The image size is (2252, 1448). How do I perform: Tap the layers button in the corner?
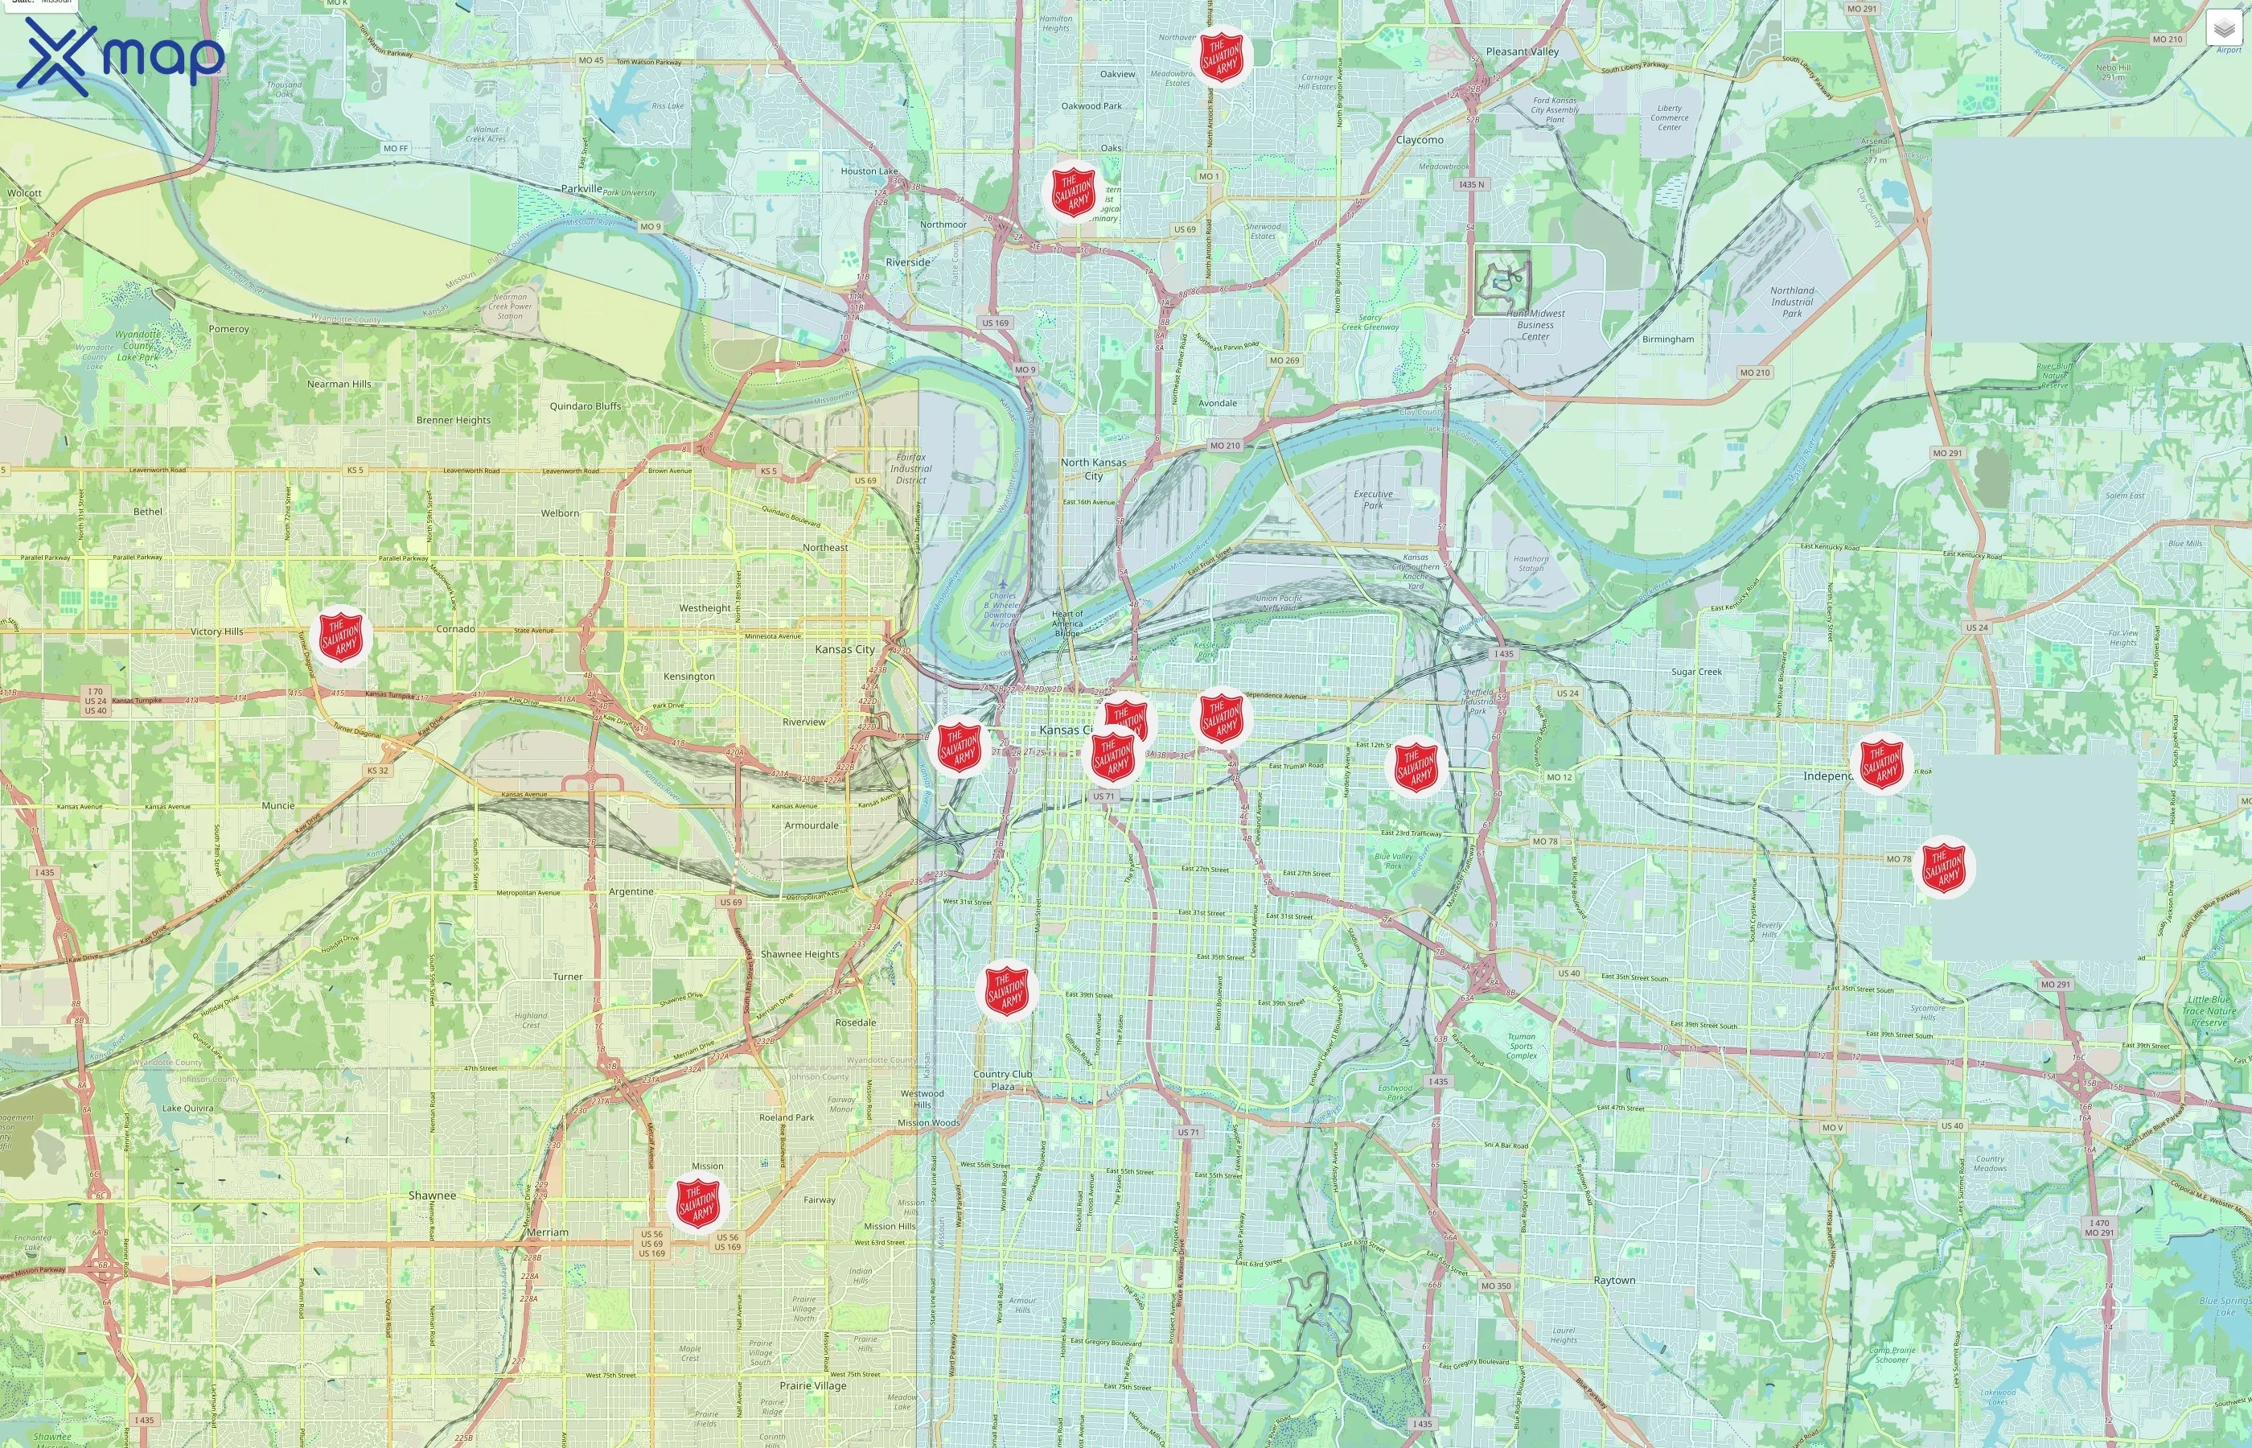[2224, 29]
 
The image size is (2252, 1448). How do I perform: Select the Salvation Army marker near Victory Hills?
[340, 636]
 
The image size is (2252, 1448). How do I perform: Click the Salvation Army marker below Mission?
[697, 1203]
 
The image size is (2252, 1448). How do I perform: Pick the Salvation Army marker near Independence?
[1882, 763]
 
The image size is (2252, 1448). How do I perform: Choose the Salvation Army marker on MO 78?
[1943, 867]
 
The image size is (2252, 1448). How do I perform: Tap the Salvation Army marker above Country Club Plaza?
[1007, 990]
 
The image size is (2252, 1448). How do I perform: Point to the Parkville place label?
[581, 188]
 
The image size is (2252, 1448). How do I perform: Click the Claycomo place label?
[1420, 140]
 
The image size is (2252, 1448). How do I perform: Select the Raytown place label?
[1614, 1281]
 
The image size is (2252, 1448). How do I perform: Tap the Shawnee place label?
[431, 1195]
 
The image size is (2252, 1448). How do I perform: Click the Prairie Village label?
[813, 1385]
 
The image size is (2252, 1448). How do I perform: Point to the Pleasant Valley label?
[1522, 51]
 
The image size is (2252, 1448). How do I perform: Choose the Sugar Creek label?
[1696, 672]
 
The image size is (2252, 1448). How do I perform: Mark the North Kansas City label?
[1093, 468]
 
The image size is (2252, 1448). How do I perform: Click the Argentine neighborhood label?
[631, 891]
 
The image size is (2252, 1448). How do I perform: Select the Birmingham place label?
[1667, 339]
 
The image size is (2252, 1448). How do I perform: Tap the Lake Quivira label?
[187, 1108]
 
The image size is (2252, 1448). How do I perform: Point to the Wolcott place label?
[24, 193]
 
